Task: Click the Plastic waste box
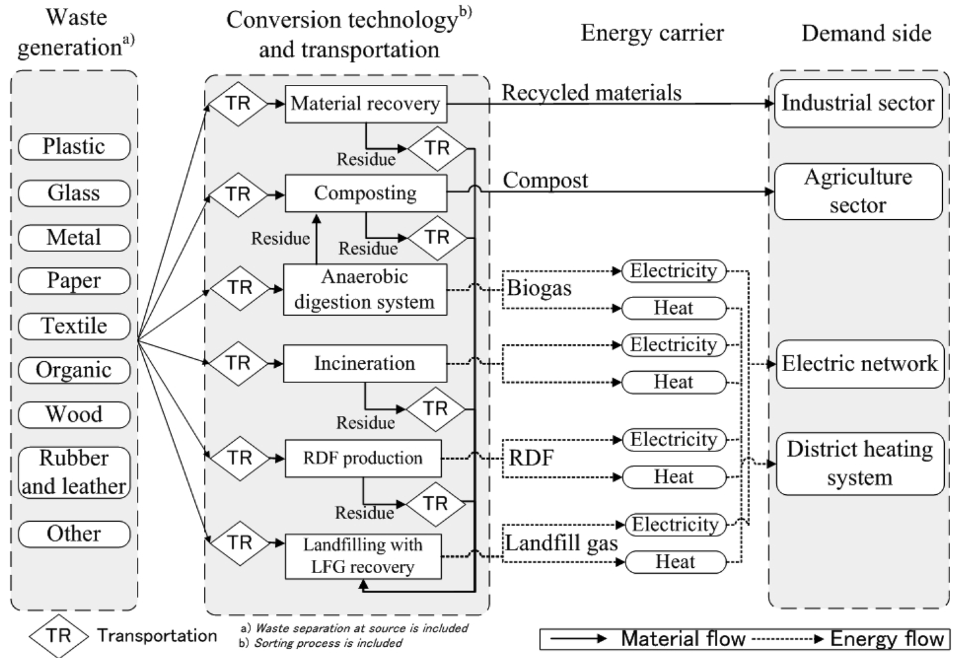pyautogui.click(x=74, y=146)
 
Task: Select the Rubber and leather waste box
pyautogui.click(x=74, y=472)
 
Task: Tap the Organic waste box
pyautogui.click(x=74, y=370)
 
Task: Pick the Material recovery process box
pyautogui.click(x=365, y=103)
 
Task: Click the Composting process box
pyautogui.click(x=365, y=193)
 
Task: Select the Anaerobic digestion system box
pyautogui.click(x=365, y=290)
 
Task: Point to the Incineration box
pyautogui.click(x=365, y=363)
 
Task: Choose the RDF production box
pyautogui.click(x=363, y=458)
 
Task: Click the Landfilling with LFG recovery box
pyautogui.click(x=363, y=556)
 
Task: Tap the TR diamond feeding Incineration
pyautogui.click(x=238, y=363)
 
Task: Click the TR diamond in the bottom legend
pyautogui.click(x=59, y=636)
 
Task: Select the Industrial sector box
pyautogui.click(x=858, y=103)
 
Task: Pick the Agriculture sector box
pyautogui.click(x=858, y=191)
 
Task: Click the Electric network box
pyautogui.click(x=859, y=364)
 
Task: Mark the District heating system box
pyautogui.click(x=860, y=463)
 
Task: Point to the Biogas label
pyautogui.click(x=539, y=288)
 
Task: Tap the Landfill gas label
pyautogui.click(x=561, y=543)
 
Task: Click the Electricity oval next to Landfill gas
pyautogui.click(x=676, y=524)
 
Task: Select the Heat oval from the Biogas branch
pyautogui.click(x=674, y=308)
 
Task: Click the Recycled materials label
pyautogui.click(x=591, y=93)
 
